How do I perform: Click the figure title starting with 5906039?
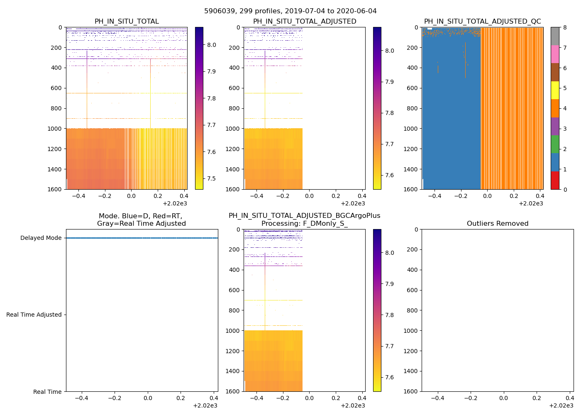(290, 11)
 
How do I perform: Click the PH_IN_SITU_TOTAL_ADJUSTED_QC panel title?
(482, 22)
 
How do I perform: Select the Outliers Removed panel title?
(498, 224)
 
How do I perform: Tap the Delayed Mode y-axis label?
(41, 238)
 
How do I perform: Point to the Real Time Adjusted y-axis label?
(34, 315)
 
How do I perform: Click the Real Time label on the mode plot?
(47, 392)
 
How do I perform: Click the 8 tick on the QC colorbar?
(565, 27)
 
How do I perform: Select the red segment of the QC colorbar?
(555, 181)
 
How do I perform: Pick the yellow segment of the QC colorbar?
(555, 90)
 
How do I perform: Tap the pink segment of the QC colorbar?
(555, 54)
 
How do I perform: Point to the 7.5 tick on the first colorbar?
(212, 179)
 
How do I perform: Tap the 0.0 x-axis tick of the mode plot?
(148, 398)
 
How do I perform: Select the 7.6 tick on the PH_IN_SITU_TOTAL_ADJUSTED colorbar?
(389, 175)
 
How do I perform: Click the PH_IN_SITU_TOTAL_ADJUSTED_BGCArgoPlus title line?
(304, 216)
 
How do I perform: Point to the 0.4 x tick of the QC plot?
(540, 196)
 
